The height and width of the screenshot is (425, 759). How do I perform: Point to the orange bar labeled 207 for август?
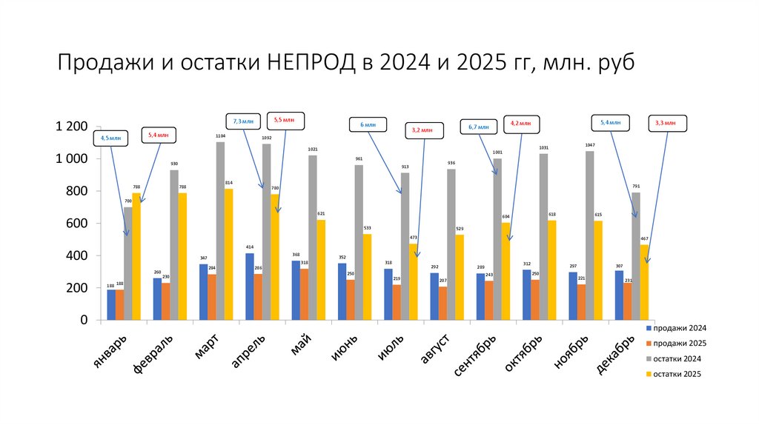443,304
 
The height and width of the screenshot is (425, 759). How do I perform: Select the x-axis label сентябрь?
474,356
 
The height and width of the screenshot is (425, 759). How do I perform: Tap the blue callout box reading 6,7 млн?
479,127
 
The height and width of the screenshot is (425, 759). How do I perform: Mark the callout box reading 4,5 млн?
112,137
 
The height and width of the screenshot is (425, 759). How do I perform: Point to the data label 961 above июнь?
359,158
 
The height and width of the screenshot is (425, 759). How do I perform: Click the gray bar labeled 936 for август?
451,244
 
